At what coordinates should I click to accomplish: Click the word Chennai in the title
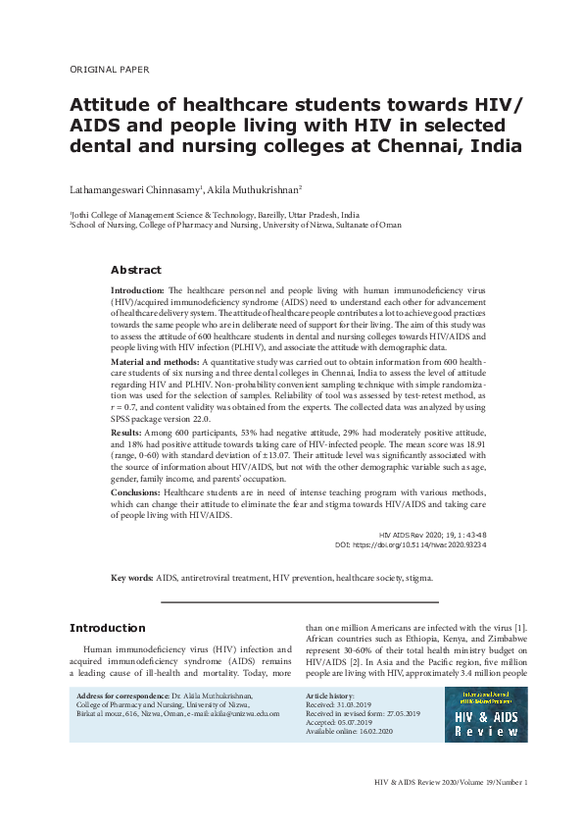421,147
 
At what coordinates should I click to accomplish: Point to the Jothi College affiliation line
214,214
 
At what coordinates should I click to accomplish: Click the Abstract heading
135,270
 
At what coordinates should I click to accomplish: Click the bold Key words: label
131,578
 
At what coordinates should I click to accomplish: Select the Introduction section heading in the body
107,628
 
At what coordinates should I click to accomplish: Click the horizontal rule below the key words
299,601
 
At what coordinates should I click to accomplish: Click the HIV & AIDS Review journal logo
485,713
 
